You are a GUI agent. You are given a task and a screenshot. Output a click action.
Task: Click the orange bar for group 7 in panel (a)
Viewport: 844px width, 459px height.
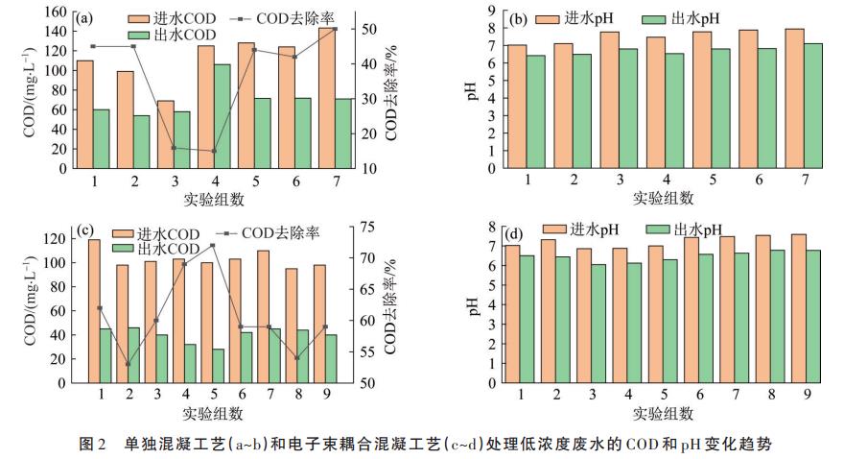coord(327,98)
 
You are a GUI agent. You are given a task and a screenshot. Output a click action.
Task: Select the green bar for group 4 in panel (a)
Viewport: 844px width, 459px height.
coord(223,116)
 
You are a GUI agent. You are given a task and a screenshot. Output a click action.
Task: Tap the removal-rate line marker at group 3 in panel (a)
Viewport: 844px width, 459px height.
coord(174,148)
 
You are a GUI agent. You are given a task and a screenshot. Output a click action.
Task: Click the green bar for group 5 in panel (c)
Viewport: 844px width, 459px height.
coord(218,366)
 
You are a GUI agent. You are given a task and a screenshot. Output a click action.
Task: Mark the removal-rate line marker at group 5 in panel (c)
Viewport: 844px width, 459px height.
coord(212,245)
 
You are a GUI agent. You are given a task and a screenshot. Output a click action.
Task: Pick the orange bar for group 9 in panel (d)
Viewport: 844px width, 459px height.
coord(798,308)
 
